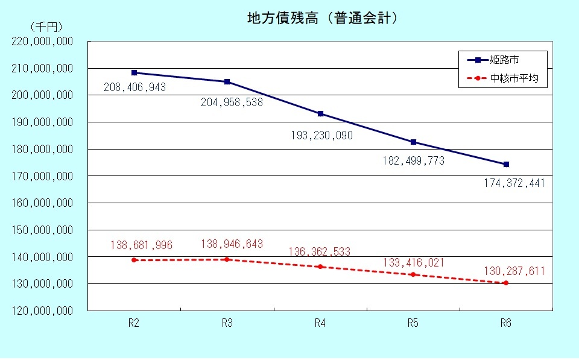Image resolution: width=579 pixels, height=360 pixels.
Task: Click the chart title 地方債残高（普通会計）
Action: coord(323,18)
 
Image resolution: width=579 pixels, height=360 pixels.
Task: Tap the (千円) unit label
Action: coord(46,27)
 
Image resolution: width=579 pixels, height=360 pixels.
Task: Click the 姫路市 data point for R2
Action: coord(134,72)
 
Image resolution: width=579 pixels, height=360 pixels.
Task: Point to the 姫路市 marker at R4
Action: coord(320,114)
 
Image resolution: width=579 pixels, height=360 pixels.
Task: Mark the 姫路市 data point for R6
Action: coord(506,164)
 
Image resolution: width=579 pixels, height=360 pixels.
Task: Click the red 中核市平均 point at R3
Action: coord(227,259)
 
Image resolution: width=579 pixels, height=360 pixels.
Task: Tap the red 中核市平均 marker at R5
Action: coord(413,274)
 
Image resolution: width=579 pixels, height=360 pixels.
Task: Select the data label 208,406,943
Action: coord(134,88)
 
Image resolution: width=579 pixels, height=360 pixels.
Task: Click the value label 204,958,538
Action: coord(232,103)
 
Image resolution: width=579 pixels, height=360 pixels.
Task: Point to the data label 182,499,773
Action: coord(414,161)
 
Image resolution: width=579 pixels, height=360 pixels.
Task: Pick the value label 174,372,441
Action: coord(514,183)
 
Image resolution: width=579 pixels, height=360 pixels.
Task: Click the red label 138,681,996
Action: coord(141,245)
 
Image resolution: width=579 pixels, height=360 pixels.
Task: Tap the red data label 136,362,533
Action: coord(320,251)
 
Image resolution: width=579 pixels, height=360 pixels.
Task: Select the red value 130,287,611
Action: coord(514,271)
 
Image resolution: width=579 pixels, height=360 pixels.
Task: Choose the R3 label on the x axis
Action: coord(227,323)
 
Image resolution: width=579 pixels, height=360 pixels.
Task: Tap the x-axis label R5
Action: coord(413,323)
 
